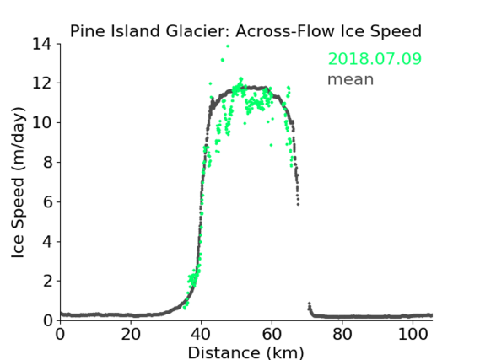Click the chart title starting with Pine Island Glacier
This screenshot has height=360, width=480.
[x=245, y=31]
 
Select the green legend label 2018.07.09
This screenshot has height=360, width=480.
[x=375, y=59]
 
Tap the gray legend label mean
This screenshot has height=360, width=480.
[x=351, y=79]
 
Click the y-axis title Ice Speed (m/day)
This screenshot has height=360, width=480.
[x=18, y=182]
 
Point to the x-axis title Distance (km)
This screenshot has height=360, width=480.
[x=245, y=352]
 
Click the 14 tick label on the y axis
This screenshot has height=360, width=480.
[x=41, y=44]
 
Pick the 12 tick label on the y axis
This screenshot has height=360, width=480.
[x=41, y=83]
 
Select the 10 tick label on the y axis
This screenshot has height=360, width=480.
[x=41, y=122]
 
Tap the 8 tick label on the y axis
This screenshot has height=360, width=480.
[x=47, y=162]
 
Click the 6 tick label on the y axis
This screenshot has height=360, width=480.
[x=47, y=201]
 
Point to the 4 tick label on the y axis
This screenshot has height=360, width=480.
[x=47, y=242]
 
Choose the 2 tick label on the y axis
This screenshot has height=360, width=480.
[x=47, y=281]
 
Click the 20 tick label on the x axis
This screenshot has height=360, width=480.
[x=131, y=335]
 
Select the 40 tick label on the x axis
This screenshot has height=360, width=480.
[x=201, y=335]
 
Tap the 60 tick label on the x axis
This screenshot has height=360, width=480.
[x=272, y=335]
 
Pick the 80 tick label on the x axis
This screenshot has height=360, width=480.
[x=342, y=335]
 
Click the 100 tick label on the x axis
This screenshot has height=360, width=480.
[x=413, y=335]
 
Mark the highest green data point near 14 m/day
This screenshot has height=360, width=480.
[x=228, y=46]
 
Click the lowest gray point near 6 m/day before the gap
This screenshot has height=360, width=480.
[x=298, y=204]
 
